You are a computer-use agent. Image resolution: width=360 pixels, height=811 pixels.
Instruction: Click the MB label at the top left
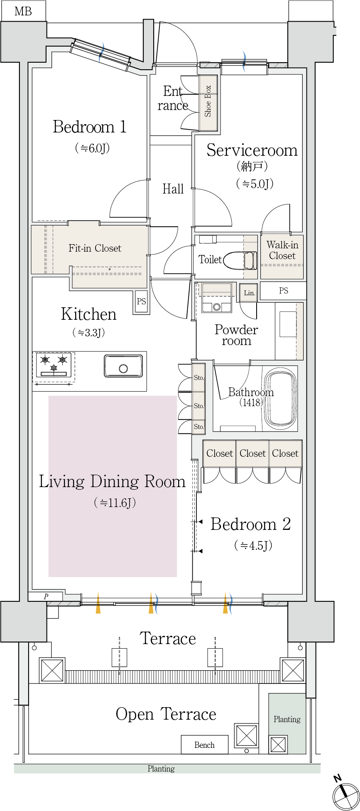point(23,11)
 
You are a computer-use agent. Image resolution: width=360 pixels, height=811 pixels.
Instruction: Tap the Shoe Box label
point(208,101)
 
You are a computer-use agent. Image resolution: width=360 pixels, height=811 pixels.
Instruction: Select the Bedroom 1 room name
point(90,127)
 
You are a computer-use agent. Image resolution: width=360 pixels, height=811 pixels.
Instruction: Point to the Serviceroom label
point(252,150)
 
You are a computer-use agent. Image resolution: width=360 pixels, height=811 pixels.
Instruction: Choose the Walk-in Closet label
point(282,250)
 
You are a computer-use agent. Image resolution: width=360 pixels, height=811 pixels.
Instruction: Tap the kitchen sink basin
point(123,366)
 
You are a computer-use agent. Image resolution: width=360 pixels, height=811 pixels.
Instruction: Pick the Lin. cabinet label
point(249,293)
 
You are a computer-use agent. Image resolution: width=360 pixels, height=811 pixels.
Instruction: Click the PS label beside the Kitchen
point(142,301)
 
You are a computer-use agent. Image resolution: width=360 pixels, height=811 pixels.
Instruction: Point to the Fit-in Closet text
point(95,248)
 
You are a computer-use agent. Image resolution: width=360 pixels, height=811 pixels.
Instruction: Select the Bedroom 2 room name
point(250,524)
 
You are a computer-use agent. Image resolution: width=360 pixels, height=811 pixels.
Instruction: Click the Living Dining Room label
point(112,481)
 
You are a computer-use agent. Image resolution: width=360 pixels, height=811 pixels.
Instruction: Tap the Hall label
point(173,189)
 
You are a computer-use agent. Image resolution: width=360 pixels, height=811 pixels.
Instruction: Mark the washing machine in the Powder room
point(216,298)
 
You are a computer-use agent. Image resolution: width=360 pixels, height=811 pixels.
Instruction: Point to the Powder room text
point(236,335)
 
